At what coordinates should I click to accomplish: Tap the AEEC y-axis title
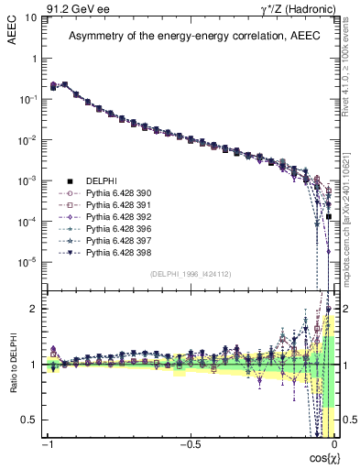(x=13, y=32)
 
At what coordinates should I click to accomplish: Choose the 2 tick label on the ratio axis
(x=35, y=309)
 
